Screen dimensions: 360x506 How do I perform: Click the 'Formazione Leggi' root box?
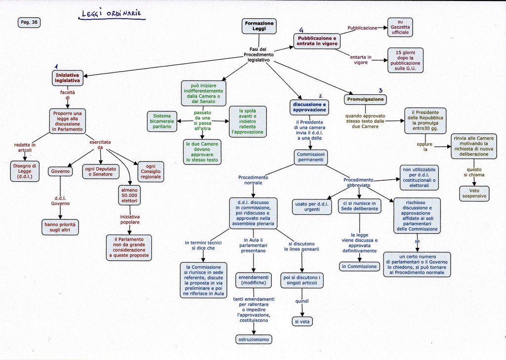pos(259,26)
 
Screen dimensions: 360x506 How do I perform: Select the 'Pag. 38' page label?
pos(29,22)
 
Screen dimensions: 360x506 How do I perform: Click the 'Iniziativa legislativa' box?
pos(67,78)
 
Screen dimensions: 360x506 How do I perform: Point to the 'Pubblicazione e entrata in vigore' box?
pos(317,41)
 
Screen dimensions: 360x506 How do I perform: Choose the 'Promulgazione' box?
pos(365,99)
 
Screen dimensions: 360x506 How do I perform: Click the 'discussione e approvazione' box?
pos(309,107)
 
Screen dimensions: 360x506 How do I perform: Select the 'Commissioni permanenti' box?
pos(310,157)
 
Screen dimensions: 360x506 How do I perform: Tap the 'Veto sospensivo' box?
pos(474,193)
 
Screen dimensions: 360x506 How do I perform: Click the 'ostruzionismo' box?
pos(253,339)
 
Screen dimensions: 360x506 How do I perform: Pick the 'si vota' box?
pos(302,321)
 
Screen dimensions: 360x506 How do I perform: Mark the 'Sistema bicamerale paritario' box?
pos(162,121)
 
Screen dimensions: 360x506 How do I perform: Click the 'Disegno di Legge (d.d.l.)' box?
pos(25,171)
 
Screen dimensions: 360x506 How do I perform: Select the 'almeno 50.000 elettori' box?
pos(129,195)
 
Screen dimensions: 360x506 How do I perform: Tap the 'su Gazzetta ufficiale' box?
pos(400,27)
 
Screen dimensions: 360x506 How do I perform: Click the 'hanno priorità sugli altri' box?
pos(60,227)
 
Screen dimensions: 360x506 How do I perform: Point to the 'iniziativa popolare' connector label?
pos(129,220)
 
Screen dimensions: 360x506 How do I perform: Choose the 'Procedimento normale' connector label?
pos(253,180)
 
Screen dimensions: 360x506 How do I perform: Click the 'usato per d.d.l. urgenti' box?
pos(311,206)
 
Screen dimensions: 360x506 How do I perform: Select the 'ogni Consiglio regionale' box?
pos(151,171)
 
